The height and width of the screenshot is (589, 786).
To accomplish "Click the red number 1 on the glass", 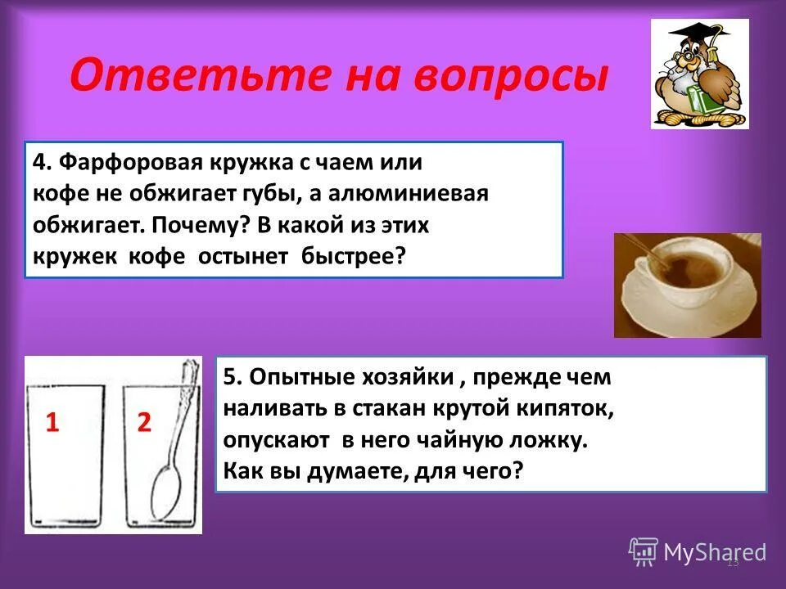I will tap(52, 423).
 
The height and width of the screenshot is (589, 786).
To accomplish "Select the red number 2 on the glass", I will tap(143, 423).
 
